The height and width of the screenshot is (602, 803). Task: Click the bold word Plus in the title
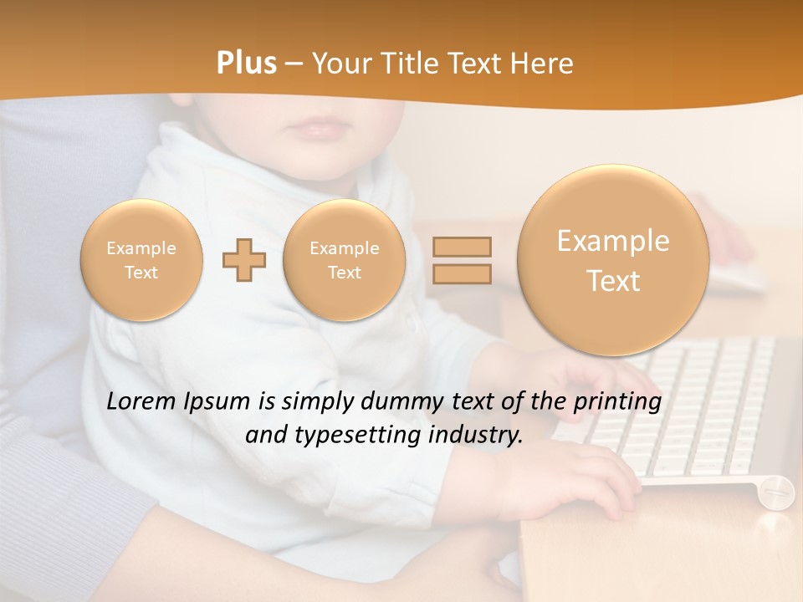(246, 64)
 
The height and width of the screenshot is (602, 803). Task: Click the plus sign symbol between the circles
(244, 260)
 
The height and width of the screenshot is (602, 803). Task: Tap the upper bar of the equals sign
(462, 247)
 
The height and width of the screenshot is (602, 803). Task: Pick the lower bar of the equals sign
(462, 273)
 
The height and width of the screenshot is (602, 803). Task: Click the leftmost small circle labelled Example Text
(141, 260)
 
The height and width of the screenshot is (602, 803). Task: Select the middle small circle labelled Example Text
(344, 260)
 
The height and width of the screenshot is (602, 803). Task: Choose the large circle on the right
(613, 260)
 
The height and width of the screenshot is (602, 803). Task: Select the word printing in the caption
(616, 402)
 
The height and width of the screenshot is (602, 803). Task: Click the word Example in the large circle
(613, 241)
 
